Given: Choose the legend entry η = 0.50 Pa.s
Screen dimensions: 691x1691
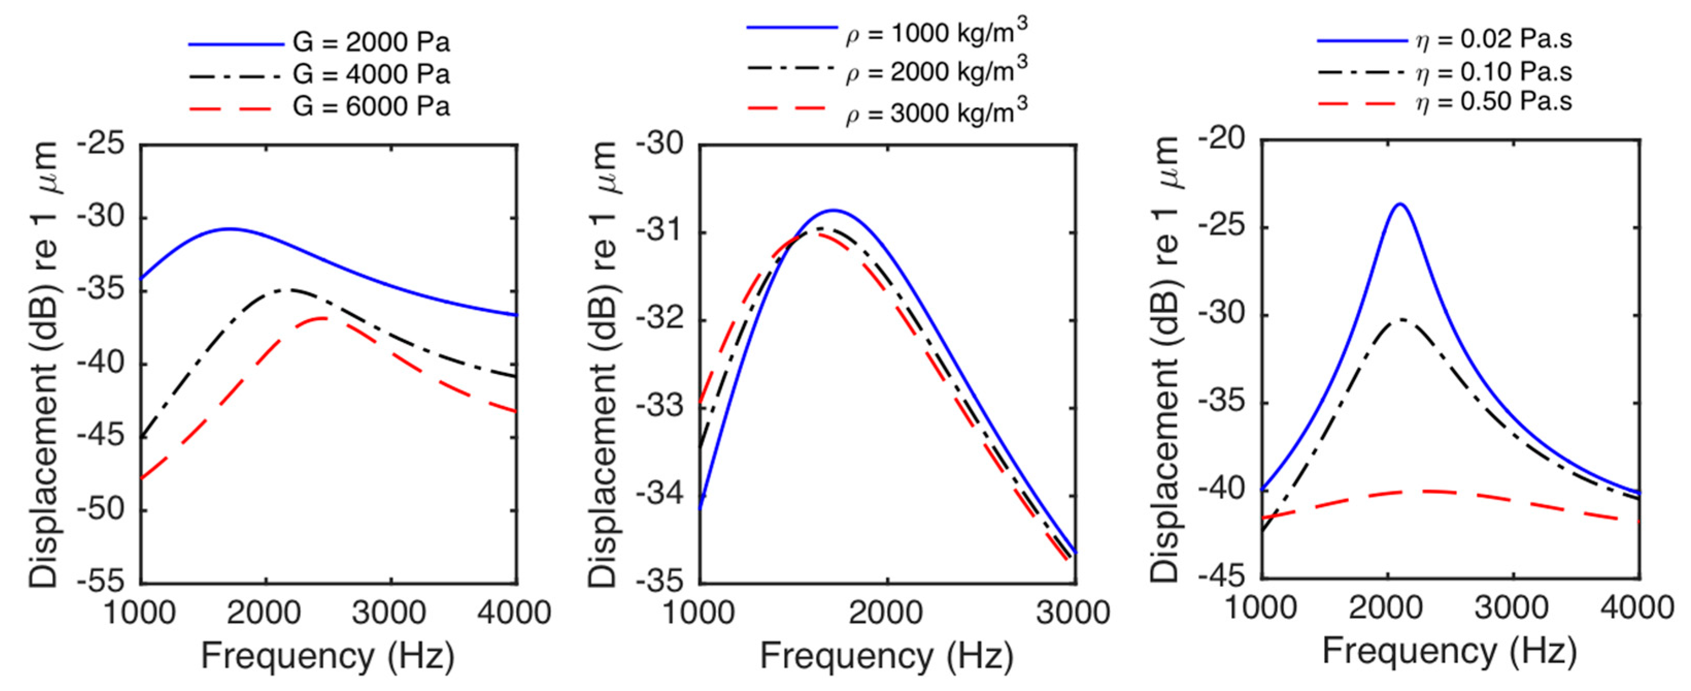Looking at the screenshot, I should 1494,102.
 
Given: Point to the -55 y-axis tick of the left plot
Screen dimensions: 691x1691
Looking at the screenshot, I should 101,581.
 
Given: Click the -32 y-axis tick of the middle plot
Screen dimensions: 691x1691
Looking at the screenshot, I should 659,321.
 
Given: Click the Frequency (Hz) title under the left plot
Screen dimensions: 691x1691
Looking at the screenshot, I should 328,655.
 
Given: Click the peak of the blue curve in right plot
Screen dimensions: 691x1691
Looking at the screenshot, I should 1399,204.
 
